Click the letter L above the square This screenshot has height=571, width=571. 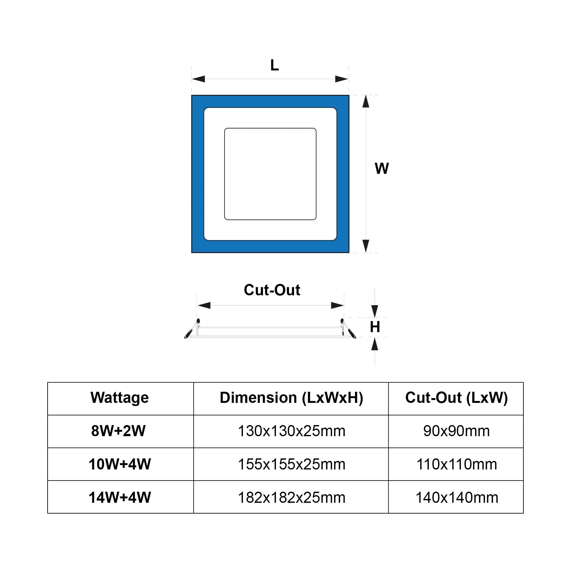point(274,65)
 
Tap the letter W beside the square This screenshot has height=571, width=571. point(382,168)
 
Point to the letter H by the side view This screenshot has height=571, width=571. point(375,327)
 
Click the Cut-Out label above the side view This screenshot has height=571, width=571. point(272,290)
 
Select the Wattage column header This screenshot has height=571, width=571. point(120,398)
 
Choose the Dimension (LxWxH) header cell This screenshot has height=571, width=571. point(291,398)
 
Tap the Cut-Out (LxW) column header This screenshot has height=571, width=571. point(456,398)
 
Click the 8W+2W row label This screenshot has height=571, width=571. point(118,431)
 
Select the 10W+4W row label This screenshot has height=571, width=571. point(120,464)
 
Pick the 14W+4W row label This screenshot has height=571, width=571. point(120,497)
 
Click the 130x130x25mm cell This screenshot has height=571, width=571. point(292,431)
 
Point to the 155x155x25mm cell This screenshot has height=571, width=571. point(292,464)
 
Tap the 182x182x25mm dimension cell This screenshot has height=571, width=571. point(292,498)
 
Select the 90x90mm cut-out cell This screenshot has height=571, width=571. point(456,431)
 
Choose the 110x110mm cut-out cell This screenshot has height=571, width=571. point(456,464)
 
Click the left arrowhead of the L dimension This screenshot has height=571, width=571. point(199,79)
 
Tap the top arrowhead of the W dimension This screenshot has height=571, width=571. point(366,102)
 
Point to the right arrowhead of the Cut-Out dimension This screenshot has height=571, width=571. point(337,305)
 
